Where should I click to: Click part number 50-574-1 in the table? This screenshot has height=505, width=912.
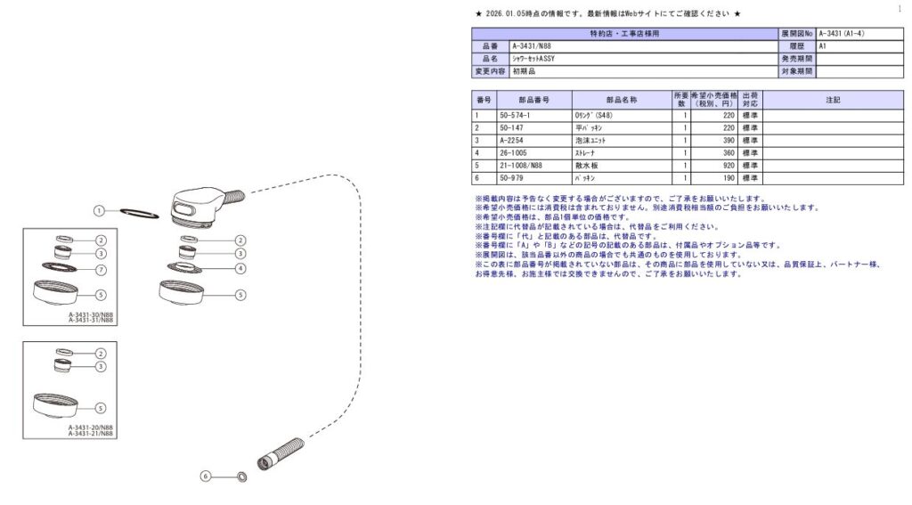pos(516,115)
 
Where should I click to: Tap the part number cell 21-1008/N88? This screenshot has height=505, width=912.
pos(521,165)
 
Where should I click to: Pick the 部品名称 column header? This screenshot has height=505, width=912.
pos(621,100)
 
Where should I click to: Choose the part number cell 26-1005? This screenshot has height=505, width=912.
pos(513,152)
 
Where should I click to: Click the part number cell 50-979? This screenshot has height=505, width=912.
pos(512,177)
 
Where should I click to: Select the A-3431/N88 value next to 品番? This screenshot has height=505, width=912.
pos(531,45)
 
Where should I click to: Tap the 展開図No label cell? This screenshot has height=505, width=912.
pos(797,33)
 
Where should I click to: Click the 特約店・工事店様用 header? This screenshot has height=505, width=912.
pos(625,33)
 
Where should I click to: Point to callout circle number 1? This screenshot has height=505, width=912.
pos(101,211)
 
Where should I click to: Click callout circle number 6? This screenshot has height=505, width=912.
pos(206,476)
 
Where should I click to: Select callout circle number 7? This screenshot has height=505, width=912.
pos(101,269)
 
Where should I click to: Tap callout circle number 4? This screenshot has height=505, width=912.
pos(240,267)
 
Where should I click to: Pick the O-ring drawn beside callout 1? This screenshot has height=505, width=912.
pos(139,214)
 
